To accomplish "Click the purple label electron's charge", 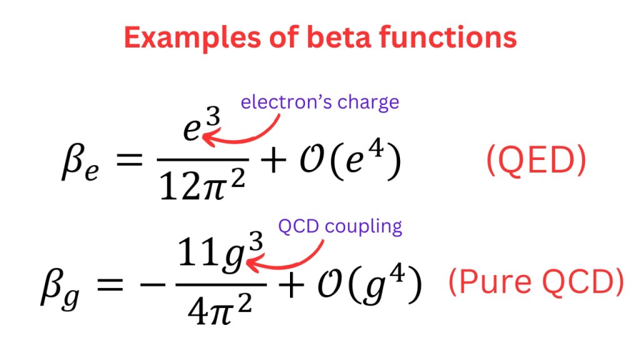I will pos(319,102).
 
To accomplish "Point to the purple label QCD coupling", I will pos(340,226).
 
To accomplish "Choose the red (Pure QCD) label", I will pos(536,284).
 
